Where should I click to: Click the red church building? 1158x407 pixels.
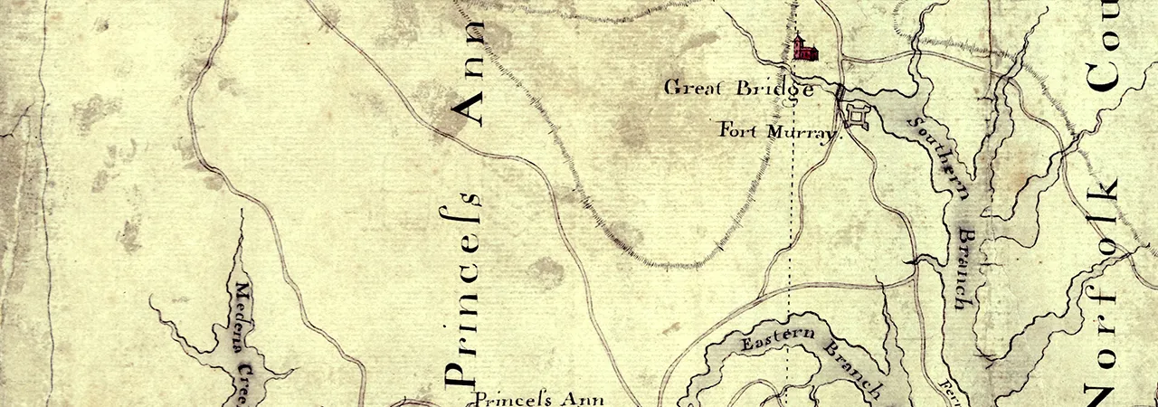[x=804, y=49]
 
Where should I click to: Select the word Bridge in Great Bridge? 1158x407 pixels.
[x=774, y=90]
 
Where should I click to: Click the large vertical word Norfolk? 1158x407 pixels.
[x=1105, y=289]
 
